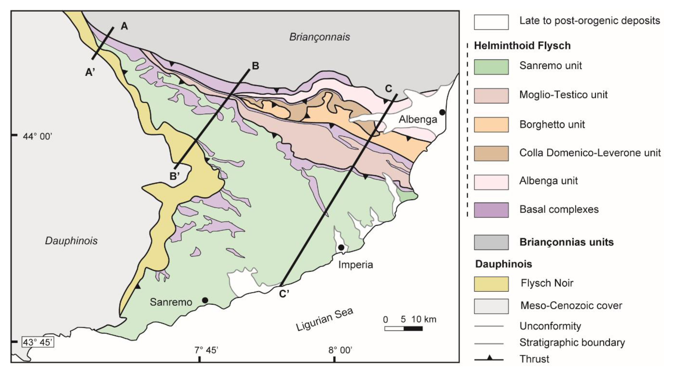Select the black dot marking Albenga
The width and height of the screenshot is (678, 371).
coord(442,112)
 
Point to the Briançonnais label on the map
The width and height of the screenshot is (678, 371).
coord(319,37)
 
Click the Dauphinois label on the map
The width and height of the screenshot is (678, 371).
coord(71,241)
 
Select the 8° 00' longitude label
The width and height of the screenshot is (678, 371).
coord(340,350)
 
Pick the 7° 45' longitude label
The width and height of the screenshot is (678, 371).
coord(206,350)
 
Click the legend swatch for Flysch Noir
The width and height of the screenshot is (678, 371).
coord(491,284)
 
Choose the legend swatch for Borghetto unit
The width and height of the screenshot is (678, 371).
coord(491,125)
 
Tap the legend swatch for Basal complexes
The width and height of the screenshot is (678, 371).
coord(491,210)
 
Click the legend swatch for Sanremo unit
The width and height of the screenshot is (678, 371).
coord(491,67)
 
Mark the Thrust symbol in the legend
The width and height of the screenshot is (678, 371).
coord(489,358)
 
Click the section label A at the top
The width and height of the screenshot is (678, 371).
coord(124,26)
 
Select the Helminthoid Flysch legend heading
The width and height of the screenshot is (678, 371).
coord(522,46)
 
